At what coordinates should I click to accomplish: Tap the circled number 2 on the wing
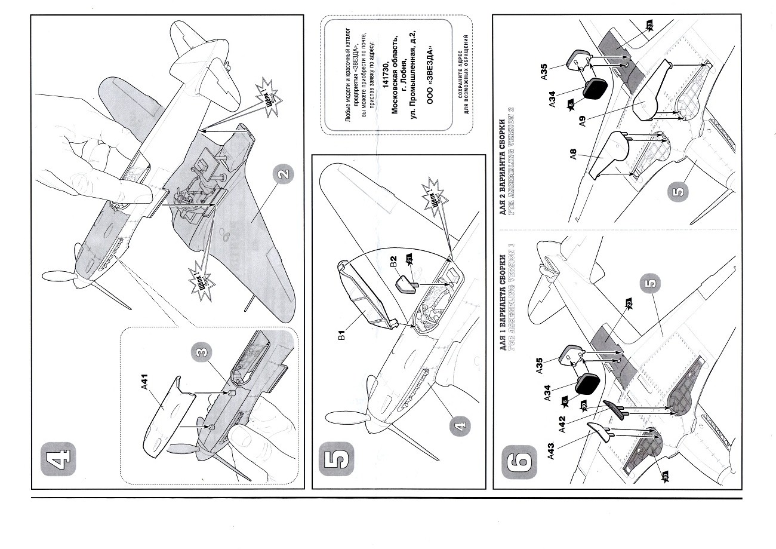(283, 175)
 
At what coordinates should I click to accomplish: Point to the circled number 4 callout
(459, 425)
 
